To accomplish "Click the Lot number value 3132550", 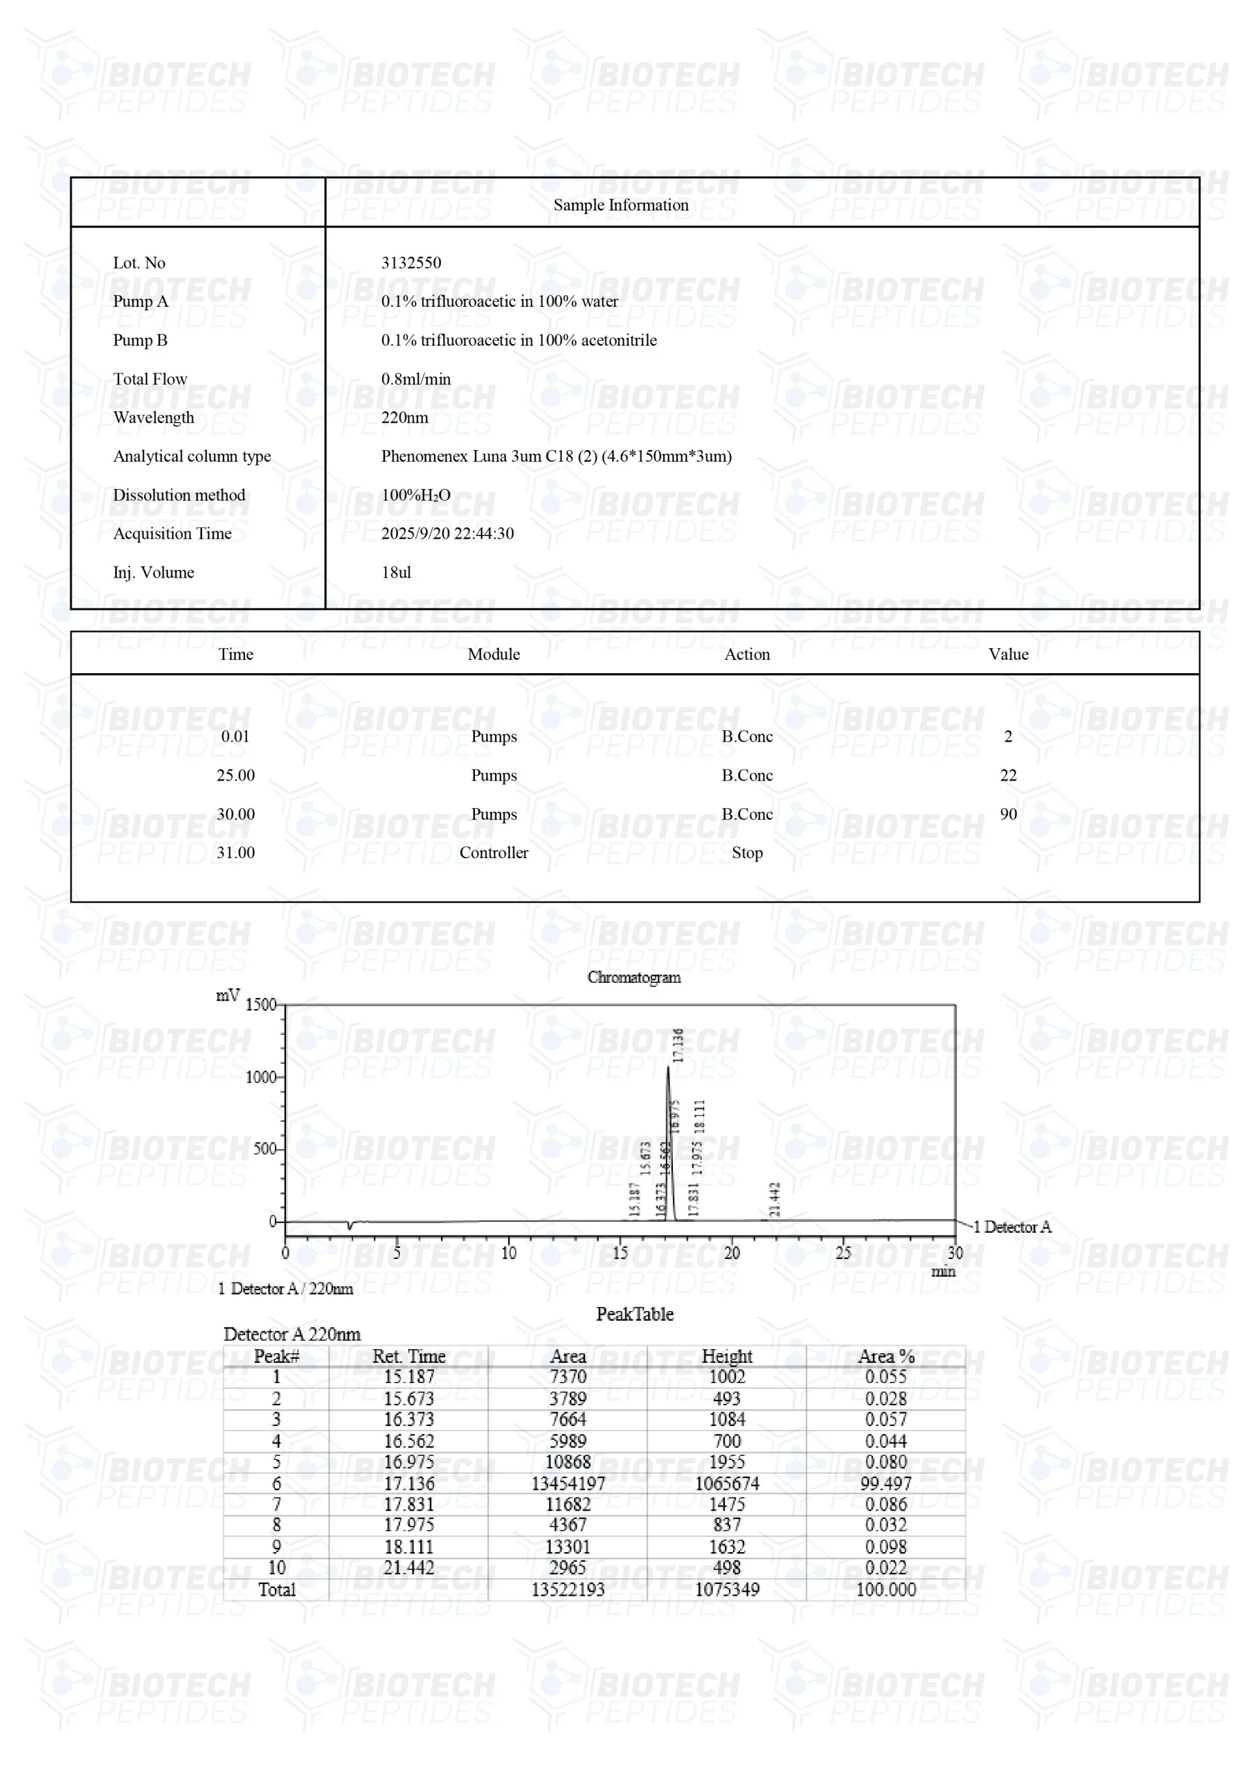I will [x=411, y=262].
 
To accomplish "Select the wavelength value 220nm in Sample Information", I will [x=404, y=417].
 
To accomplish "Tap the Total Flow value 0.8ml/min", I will [x=415, y=378].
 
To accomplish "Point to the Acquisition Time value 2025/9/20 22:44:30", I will [x=447, y=533].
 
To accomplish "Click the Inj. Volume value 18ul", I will [x=395, y=572].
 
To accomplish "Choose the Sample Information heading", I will [x=621, y=204].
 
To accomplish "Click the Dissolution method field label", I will [x=179, y=495].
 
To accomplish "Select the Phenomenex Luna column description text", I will [x=556, y=456].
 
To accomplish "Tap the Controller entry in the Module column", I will [x=494, y=853].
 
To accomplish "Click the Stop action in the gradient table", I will [x=746, y=853].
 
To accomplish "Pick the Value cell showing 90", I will [x=1007, y=814].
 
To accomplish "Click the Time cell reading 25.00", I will [x=235, y=775].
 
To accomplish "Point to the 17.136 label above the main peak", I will [x=678, y=1045].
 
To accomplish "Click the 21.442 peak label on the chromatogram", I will [x=775, y=1200].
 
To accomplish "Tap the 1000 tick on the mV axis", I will [x=261, y=1077].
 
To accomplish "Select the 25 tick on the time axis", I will [x=843, y=1253].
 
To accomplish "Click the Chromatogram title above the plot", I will [x=634, y=978].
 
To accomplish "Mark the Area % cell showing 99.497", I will [x=885, y=1484].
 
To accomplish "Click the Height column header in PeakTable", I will [x=726, y=1356].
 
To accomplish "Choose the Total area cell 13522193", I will [x=568, y=1589].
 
